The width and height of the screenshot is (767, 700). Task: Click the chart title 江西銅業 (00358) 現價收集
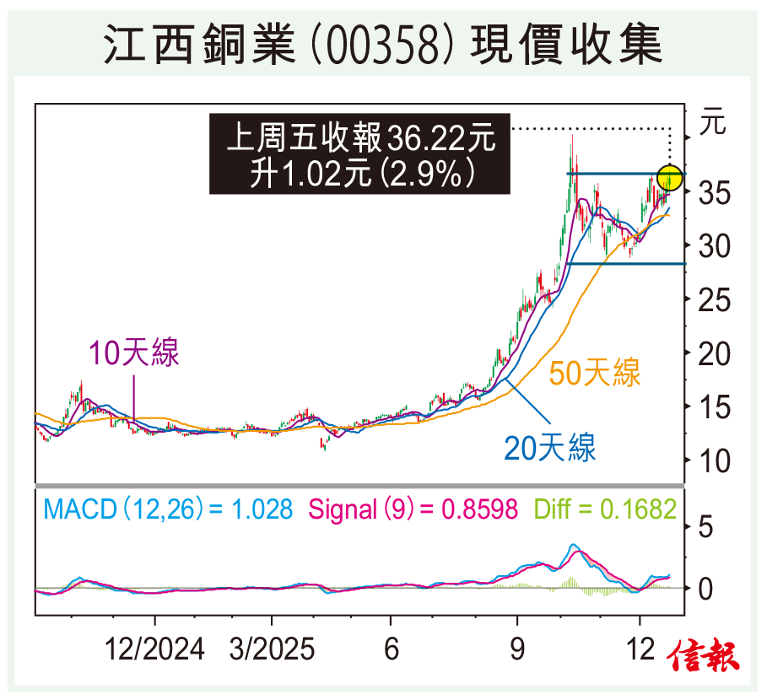coord(383,44)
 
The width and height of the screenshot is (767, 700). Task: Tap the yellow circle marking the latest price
coord(670,177)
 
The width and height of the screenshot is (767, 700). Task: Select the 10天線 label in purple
coord(136,353)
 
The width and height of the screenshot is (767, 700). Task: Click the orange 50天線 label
coord(596,372)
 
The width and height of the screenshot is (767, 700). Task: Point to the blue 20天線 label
coord(550,448)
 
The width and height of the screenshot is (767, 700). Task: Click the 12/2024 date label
coord(154,650)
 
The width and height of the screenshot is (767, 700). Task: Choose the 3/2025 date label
coord(272,650)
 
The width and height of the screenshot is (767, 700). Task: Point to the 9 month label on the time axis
coord(516,650)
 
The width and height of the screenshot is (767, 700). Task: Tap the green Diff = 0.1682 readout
coord(605,509)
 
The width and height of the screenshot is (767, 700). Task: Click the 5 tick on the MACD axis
coord(707,529)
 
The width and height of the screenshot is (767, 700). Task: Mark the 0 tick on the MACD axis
coord(707,588)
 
